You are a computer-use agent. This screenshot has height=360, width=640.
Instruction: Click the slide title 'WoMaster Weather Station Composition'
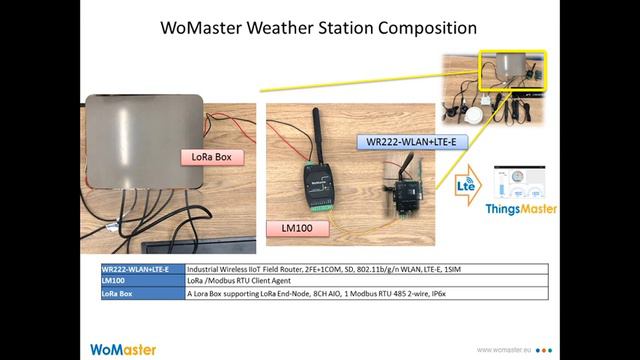click(319, 27)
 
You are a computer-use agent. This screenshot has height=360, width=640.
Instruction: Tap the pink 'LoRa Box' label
click(212, 157)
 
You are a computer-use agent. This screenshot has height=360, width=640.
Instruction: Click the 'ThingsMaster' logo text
click(521, 210)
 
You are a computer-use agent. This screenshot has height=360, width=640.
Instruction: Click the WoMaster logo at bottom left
click(123, 349)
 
